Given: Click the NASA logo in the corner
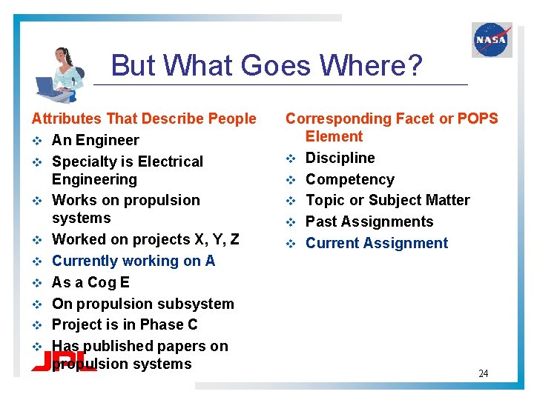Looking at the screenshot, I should (x=492, y=39).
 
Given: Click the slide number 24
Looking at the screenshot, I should (x=483, y=373).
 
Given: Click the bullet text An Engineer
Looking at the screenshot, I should (x=95, y=140).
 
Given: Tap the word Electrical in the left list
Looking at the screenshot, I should (x=169, y=161).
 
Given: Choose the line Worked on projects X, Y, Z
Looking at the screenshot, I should (x=145, y=239).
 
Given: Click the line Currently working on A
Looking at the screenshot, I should (x=133, y=261).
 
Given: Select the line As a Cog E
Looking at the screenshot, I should (x=90, y=282).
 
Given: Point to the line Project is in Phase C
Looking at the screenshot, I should (x=125, y=324).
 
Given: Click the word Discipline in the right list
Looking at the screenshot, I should (x=340, y=158).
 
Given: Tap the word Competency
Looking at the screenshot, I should (x=350, y=179).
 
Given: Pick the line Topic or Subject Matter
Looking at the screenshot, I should (x=388, y=200).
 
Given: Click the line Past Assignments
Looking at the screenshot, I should (x=369, y=221).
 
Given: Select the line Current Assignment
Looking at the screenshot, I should (x=377, y=243).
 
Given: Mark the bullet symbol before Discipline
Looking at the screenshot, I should (x=291, y=158).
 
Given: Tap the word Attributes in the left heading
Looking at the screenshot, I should (x=66, y=119).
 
